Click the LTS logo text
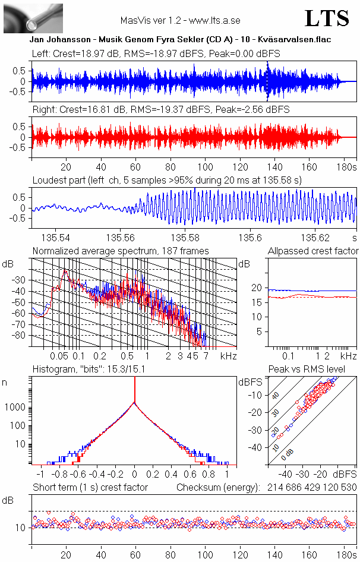pos(327,19)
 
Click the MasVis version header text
pos(180,20)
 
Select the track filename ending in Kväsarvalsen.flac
pos(180,39)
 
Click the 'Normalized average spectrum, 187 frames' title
pos(121,251)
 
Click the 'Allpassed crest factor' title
pos(313,251)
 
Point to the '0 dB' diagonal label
pos(287,456)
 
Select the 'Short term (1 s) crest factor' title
pos(90,487)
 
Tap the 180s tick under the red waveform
pos(345,166)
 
